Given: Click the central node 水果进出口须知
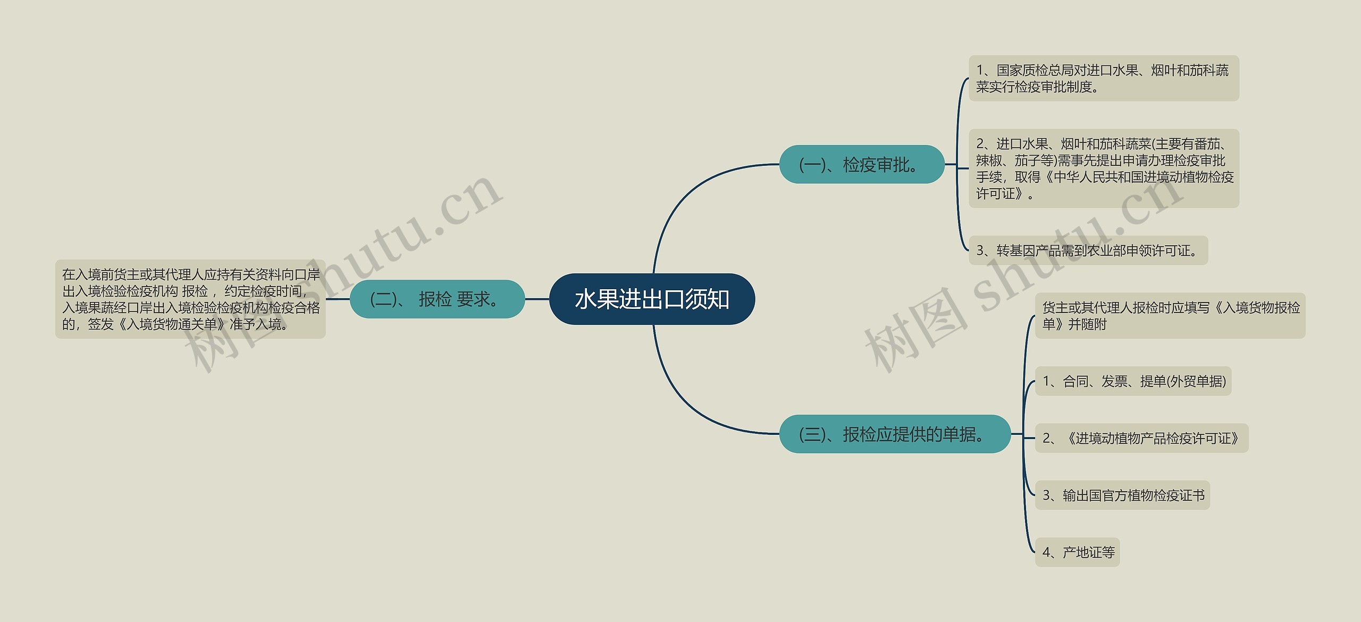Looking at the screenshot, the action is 652,299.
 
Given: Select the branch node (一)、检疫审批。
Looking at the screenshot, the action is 861,165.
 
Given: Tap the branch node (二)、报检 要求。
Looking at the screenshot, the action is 437,299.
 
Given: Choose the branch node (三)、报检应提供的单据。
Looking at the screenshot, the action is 894,434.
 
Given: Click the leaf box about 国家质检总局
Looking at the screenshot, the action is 1103,78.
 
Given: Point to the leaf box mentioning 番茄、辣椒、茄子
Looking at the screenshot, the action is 1103,169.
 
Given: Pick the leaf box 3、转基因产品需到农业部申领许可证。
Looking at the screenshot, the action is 1088,250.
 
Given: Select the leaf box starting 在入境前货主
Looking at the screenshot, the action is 190,299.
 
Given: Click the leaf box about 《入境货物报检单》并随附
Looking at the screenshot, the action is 1170,316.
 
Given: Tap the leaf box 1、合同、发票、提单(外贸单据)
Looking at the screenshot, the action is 1133,381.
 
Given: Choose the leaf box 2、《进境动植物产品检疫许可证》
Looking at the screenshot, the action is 1141,439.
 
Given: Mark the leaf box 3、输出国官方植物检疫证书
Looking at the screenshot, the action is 1122,495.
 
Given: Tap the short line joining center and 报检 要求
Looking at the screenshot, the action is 537,299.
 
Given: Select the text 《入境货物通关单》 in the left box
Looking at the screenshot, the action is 171,324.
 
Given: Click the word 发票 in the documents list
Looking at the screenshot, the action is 1114,381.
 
